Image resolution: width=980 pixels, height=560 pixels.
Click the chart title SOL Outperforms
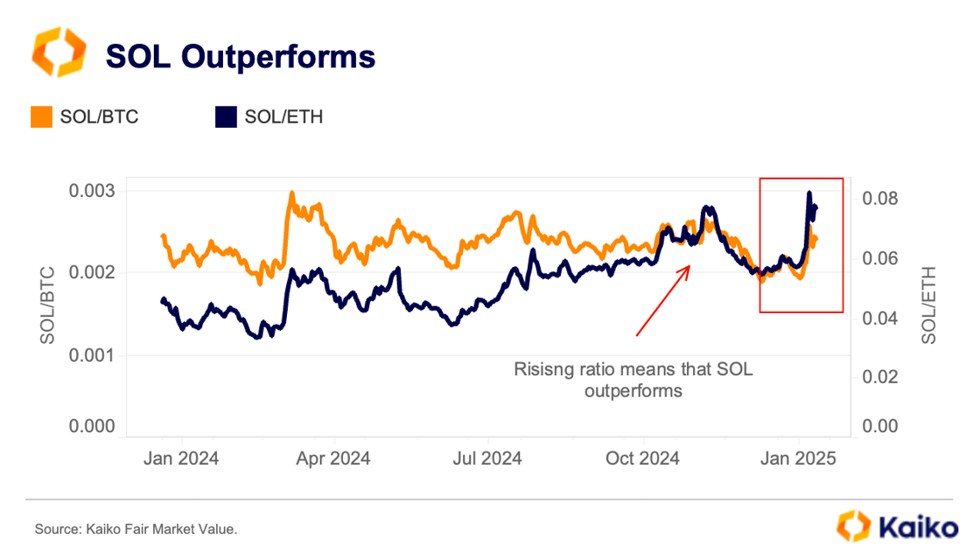click(240, 56)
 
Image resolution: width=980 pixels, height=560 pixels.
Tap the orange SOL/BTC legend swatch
click(42, 116)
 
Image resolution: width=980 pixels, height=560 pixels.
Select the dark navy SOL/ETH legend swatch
click(226, 116)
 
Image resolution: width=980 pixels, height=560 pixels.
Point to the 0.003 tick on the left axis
click(92, 191)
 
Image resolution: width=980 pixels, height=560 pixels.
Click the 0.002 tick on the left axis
click(92, 273)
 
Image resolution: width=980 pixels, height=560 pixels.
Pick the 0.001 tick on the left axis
click(92, 355)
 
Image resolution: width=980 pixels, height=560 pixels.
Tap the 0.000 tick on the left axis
click(92, 426)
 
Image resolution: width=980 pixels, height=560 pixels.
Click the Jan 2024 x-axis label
click(180, 458)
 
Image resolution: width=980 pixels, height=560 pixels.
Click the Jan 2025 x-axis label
click(798, 458)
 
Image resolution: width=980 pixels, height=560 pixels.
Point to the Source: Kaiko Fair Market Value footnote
click(136, 529)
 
